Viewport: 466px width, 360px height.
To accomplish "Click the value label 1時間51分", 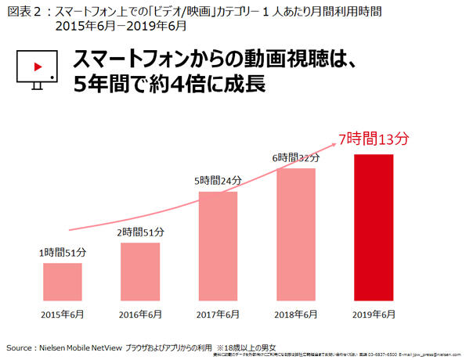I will point(63,253).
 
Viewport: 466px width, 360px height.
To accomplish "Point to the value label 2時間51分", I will point(142,232).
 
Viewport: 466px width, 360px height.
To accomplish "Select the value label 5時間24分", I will point(219,181).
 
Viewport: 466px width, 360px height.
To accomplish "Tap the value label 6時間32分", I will point(296,157).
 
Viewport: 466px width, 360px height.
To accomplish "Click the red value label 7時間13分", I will point(374,139).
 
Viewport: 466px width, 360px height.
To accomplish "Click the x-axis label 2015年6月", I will point(63,314).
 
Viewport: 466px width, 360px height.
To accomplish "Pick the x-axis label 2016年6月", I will point(140,314).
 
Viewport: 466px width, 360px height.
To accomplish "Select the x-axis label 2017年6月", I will point(218,314).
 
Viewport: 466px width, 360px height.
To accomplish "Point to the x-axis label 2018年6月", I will point(296,314).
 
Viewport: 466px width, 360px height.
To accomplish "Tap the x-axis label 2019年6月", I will point(374,314).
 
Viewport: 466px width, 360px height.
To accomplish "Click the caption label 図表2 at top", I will point(20,9).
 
